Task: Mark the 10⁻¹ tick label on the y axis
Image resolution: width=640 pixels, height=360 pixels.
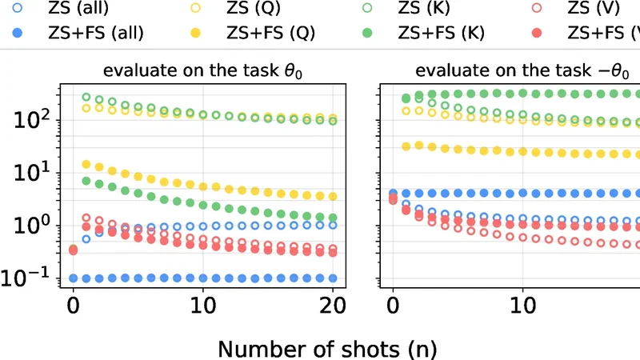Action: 29,278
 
